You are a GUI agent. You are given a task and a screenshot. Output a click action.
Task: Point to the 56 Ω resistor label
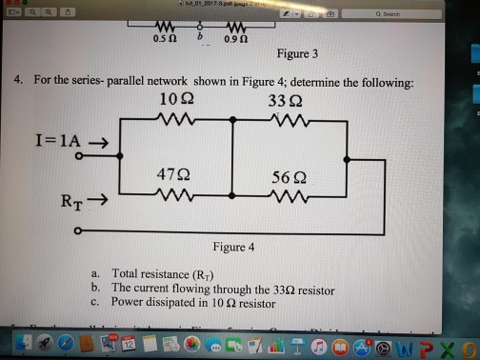[287, 176]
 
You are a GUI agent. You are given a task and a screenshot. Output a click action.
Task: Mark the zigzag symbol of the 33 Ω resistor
[287, 120]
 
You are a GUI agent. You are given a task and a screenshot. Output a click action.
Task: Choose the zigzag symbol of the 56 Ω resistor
[286, 198]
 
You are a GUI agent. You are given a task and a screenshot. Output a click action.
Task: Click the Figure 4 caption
[233, 248]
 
